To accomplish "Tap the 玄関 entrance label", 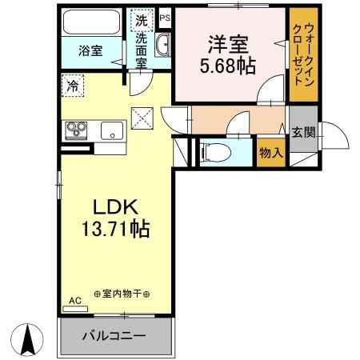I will pyautogui.click(x=302, y=132).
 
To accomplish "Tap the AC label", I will pyautogui.click(x=74, y=301).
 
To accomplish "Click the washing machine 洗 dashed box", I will pyautogui.click(x=141, y=19).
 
